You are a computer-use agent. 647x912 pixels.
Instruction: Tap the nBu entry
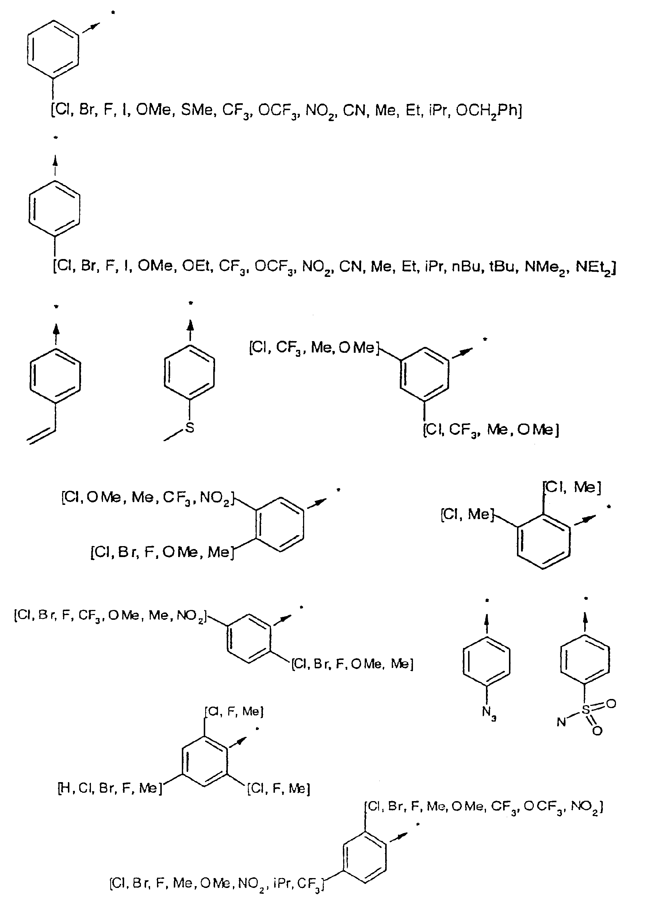467,266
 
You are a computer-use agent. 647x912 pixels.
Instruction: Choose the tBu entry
503,266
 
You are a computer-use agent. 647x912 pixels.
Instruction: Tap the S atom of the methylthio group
190,428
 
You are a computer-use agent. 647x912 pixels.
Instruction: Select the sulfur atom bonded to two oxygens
585,710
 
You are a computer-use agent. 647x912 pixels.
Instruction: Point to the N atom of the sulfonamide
561,722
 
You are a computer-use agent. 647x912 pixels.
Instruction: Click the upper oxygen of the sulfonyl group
611,703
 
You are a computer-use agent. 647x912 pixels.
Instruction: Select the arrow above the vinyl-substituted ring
56,333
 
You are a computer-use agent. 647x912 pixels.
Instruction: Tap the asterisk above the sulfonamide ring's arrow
585,598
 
